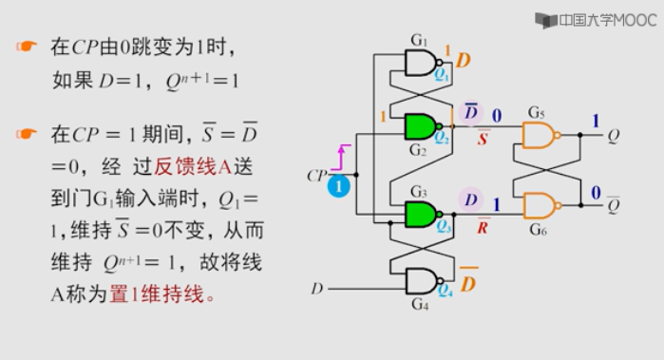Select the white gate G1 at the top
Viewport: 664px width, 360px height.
[x=419, y=63]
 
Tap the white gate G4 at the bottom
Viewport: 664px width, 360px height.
[x=419, y=280]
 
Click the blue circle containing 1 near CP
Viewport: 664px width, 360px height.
[x=338, y=187]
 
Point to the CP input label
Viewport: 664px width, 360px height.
[x=316, y=176]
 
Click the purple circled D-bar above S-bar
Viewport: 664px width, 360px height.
[x=471, y=113]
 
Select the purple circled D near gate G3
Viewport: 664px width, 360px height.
[x=471, y=199]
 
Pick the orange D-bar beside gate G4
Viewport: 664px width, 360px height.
[x=468, y=283]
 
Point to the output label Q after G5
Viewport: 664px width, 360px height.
[x=612, y=136]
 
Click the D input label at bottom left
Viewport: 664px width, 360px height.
[x=317, y=288]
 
